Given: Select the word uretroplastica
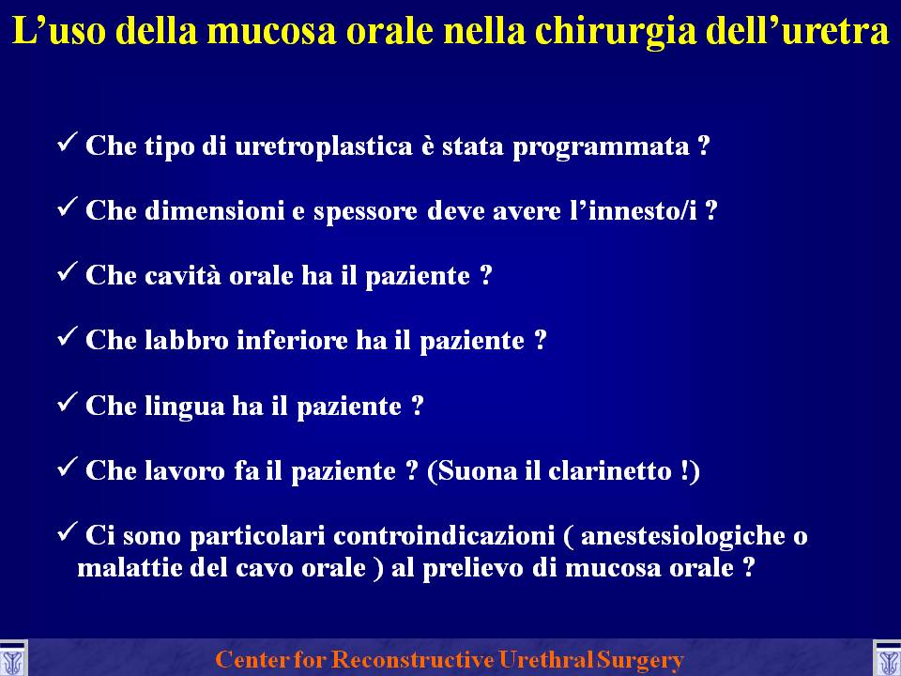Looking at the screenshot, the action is (324, 146).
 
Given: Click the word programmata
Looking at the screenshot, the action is (601, 147).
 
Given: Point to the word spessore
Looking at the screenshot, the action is (365, 212).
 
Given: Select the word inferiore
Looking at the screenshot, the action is (292, 340).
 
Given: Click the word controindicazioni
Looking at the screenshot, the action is (444, 536).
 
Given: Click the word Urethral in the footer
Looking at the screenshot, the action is (545, 659).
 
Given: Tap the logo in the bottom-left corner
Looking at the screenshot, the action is (12, 659).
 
